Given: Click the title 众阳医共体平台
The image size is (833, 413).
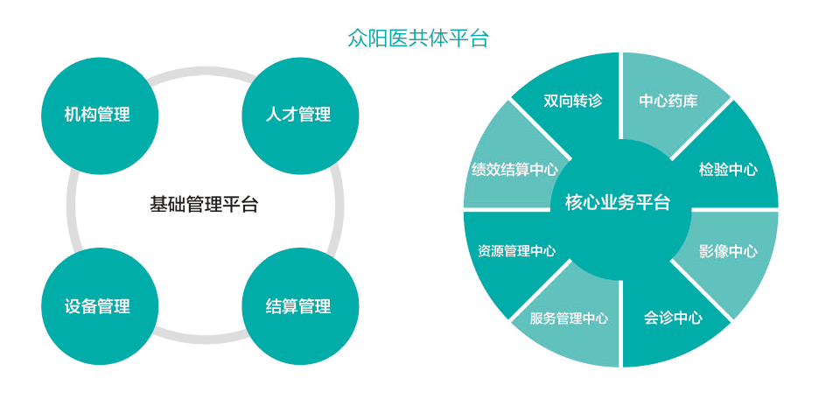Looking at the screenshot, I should [x=416, y=38].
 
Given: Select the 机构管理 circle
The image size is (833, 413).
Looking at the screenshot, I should [x=97, y=115].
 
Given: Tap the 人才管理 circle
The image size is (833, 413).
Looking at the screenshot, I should [x=298, y=115].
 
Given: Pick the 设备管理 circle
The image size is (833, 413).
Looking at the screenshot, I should [x=97, y=306].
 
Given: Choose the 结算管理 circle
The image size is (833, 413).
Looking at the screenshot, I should [x=298, y=306].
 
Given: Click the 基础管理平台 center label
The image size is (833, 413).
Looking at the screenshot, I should [x=204, y=205].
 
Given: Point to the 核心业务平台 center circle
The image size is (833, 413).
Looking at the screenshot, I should [x=619, y=203].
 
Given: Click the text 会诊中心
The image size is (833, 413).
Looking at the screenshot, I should [x=673, y=318].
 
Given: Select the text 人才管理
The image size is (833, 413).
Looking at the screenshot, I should [x=298, y=115].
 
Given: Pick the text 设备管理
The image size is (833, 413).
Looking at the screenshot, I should [x=97, y=306].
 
